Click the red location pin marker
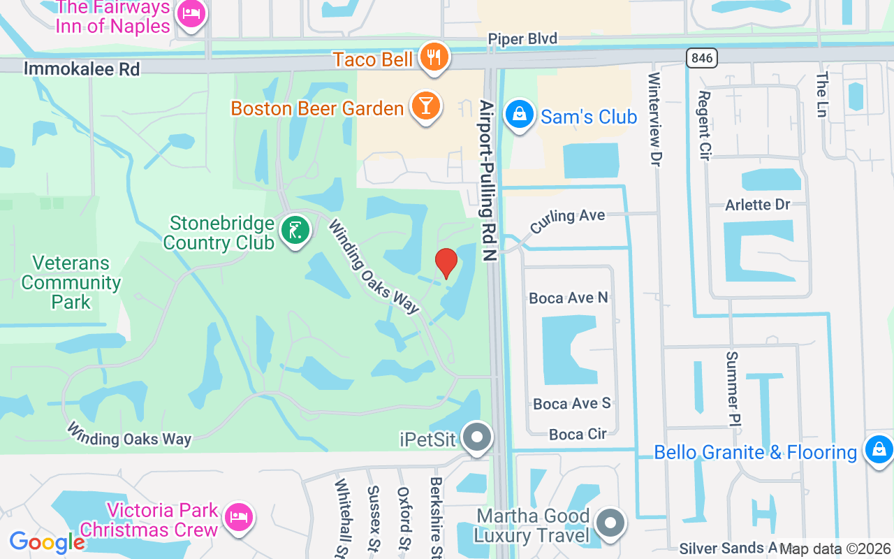pos(446,263)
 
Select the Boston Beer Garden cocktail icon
pos(425,106)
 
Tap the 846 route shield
pos(701,58)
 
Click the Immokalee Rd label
pos(82,68)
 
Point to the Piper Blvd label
pos(522,39)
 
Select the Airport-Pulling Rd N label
pos(488,180)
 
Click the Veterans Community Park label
pos(71,282)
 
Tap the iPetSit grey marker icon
pos(478,437)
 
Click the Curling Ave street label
pos(567,222)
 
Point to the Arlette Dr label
pos(757,205)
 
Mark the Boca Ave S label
pos(572,403)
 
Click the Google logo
pos(47,542)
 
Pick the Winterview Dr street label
pos(654,119)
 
